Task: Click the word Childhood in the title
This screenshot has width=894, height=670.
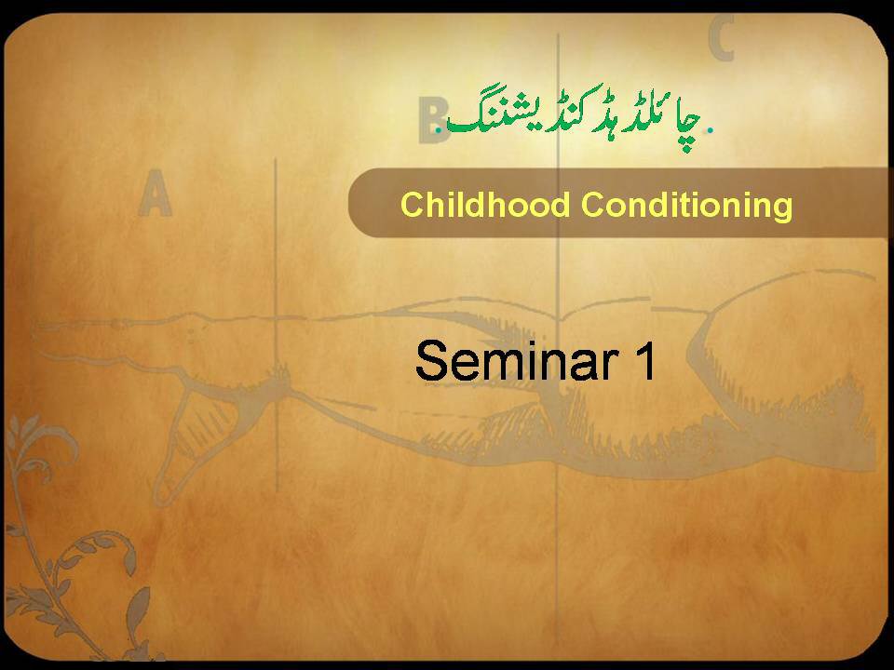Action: [485, 204]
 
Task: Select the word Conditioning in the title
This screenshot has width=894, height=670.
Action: [687, 206]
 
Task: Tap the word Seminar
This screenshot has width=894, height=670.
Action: [517, 361]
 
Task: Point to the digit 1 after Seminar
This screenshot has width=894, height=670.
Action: [644, 361]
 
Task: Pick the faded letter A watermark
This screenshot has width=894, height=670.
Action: [156, 193]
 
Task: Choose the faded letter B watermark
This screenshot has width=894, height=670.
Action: [432, 120]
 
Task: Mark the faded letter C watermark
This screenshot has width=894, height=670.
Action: [721, 38]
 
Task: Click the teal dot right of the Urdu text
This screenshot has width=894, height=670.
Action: [710, 130]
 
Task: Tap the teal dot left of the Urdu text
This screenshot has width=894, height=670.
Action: [438, 130]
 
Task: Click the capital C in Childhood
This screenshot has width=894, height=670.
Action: [413, 205]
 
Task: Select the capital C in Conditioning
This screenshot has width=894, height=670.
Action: [593, 205]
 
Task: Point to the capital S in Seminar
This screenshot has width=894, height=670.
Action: [431, 361]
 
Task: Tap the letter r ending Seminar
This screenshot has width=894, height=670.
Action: [611, 366]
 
